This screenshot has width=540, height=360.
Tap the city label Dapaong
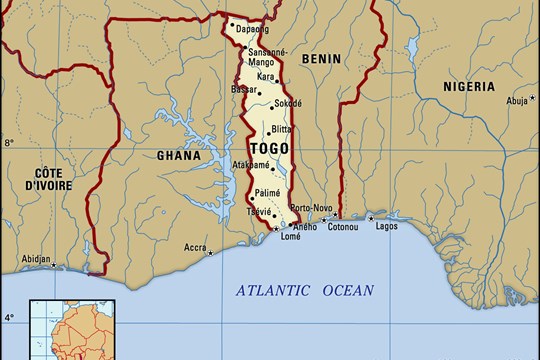252,29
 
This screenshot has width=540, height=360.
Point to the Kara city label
265,76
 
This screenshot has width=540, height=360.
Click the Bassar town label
243,89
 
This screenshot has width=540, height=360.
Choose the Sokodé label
287,103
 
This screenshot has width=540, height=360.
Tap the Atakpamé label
251,165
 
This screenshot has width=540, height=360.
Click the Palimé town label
266,192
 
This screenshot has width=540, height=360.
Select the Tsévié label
258,212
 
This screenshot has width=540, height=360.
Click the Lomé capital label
291,236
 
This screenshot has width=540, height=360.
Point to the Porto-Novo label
310,208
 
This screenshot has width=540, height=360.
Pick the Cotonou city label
343,225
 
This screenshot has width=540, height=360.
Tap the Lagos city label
386,226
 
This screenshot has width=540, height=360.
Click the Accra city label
195,247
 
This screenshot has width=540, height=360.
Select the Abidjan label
36,259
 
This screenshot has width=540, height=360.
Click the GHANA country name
179,155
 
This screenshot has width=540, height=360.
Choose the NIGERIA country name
469,87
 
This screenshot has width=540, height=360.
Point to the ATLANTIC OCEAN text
304,291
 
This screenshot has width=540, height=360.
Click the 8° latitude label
9,143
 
